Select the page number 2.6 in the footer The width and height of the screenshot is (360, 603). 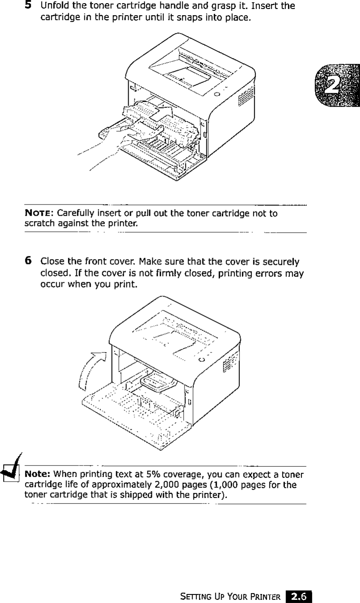click(x=299, y=596)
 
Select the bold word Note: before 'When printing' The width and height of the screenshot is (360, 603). click(x=39, y=474)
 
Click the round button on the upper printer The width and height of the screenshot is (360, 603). click(x=217, y=94)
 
